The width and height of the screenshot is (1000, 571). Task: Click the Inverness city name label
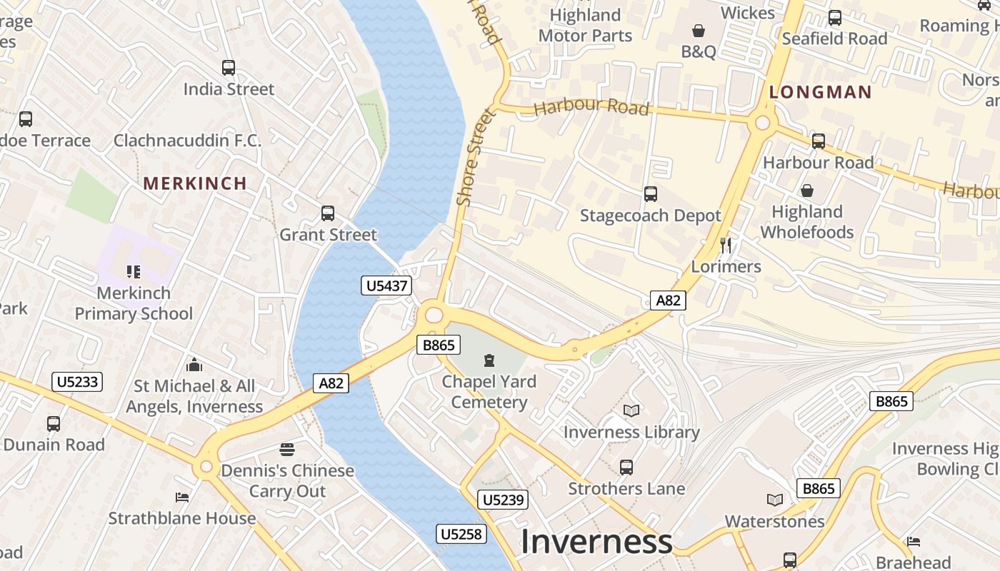(596, 542)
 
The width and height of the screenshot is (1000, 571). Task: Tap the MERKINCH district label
(195, 183)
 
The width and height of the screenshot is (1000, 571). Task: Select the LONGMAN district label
(821, 92)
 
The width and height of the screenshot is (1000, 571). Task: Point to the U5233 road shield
(77, 382)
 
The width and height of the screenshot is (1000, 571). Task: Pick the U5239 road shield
(504, 500)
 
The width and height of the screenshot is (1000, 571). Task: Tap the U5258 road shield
(462, 534)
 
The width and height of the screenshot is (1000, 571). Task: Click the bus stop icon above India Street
(229, 68)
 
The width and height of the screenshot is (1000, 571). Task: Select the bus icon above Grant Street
(328, 213)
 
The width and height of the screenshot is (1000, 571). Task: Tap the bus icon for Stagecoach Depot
(651, 194)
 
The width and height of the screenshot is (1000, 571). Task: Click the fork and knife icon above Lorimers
(726, 246)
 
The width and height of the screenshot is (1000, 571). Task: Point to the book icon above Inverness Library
(631, 410)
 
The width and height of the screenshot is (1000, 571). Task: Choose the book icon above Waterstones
(775, 500)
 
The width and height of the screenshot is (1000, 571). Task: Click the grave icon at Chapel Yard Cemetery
(489, 360)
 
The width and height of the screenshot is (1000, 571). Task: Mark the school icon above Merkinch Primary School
(134, 271)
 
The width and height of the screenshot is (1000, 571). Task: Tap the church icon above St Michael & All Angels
(194, 365)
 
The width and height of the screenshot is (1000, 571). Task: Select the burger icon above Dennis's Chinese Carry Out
(287, 450)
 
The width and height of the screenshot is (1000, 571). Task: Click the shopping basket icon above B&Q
(699, 31)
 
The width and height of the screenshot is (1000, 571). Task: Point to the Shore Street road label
(475, 157)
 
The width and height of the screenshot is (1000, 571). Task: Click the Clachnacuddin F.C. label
(188, 141)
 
